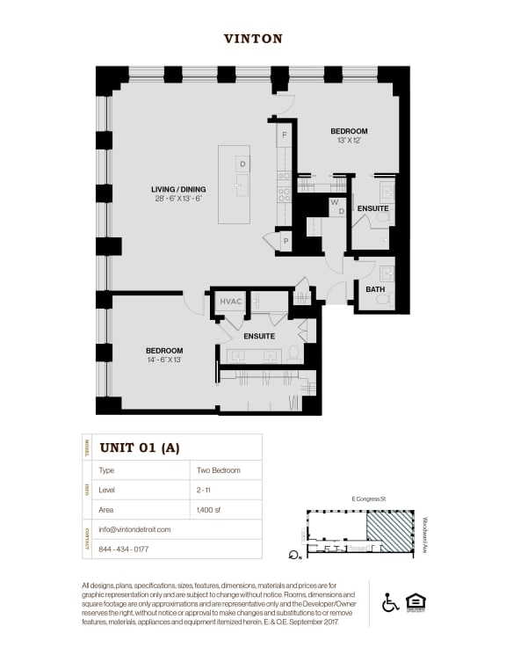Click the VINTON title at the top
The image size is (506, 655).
(253, 39)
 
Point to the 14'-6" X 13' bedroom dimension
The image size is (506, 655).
(164, 360)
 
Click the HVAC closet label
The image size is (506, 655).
(231, 302)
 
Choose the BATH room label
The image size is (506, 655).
(375, 289)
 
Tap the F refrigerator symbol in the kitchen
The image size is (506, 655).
(285, 136)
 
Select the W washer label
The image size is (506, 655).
(334, 201)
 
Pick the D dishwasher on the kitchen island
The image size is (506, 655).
(242, 164)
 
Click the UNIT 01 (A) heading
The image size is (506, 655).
(140, 448)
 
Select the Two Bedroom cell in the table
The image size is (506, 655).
(220, 470)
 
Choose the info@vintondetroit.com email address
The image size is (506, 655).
(135, 529)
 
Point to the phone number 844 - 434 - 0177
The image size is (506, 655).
(125, 549)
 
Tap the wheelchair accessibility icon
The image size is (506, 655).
(391, 603)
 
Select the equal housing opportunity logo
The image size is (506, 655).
(415, 603)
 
